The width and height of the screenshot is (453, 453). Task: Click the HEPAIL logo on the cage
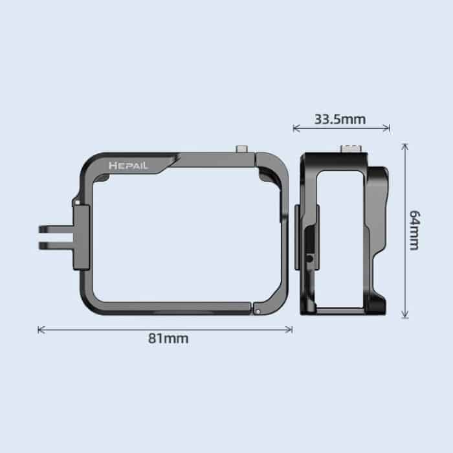129,166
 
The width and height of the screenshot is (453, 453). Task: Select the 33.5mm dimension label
340,118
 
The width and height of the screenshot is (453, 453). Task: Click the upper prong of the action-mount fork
54,230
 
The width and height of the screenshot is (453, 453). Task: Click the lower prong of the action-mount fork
54,245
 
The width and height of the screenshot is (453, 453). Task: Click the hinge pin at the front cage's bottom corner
258,311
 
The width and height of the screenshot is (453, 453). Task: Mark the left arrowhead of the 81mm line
41,329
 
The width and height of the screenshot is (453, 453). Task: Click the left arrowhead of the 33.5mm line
296,128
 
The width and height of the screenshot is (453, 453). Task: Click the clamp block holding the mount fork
82,236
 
